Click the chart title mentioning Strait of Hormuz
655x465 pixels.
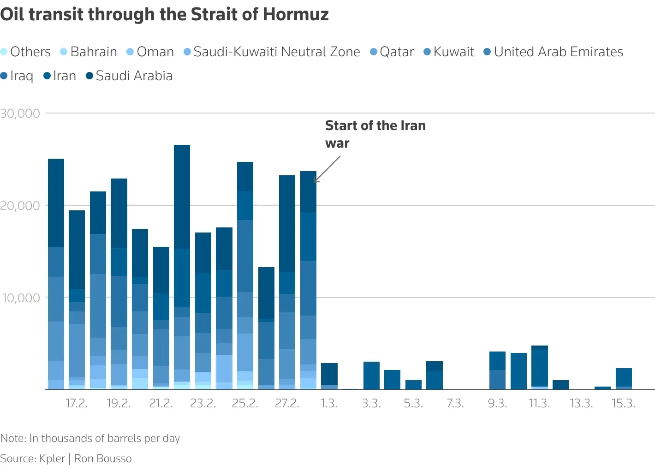[164, 14]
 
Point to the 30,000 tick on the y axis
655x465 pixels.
[20, 113]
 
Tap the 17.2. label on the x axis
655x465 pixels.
[77, 403]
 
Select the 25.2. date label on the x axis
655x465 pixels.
[245, 403]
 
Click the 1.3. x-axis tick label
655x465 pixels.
[329, 403]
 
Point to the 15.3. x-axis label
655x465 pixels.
[623, 403]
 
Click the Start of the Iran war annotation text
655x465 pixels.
[375, 134]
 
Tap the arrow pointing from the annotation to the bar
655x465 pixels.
[327, 169]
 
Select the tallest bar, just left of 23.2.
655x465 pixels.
[182, 268]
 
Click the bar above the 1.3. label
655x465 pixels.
[329, 376]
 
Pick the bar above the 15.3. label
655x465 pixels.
[624, 379]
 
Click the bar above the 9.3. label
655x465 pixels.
[497, 370]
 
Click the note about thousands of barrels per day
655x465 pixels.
[90, 438]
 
